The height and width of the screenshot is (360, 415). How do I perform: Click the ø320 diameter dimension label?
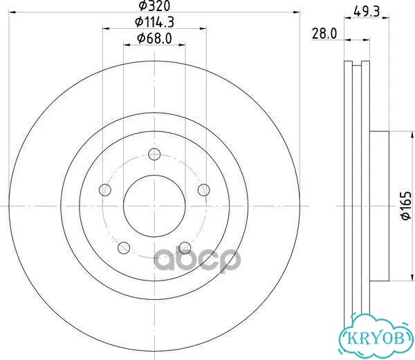[154, 6]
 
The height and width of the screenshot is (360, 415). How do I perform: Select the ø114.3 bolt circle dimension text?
[154, 22]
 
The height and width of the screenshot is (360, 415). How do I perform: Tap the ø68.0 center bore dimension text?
[154, 39]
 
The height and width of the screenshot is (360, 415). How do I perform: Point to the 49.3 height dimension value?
[367, 11]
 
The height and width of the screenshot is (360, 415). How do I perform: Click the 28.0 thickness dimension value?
[324, 34]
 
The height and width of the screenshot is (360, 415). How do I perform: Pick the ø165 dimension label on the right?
[406, 206]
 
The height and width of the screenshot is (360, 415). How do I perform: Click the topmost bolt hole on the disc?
[154, 154]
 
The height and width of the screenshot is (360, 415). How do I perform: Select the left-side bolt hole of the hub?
[105, 190]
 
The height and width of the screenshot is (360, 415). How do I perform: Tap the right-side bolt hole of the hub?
[204, 190]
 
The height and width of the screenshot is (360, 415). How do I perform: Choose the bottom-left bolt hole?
[124, 247]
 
